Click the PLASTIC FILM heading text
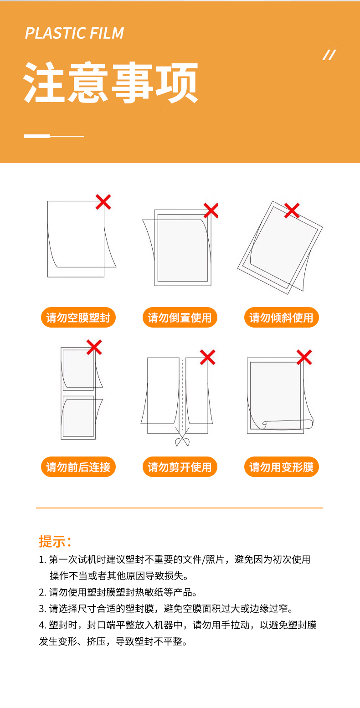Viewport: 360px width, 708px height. pyautogui.click(x=74, y=33)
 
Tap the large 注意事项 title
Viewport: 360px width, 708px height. pyautogui.click(x=111, y=83)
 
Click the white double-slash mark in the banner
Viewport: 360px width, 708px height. pyautogui.click(x=329, y=55)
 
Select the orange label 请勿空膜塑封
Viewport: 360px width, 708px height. pyautogui.click(x=78, y=318)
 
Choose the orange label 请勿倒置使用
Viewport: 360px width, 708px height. pyautogui.click(x=180, y=318)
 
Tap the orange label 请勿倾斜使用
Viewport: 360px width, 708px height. pyautogui.click(x=281, y=318)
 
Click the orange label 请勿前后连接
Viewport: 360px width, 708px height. pyautogui.click(x=78, y=467)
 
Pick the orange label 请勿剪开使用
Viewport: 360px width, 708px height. pyautogui.click(x=180, y=467)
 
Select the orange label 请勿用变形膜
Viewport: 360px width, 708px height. pyautogui.click(x=281, y=467)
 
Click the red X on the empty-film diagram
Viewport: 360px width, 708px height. pyautogui.click(x=103, y=202)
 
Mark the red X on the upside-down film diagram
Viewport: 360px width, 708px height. pyautogui.click(x=211, y=210)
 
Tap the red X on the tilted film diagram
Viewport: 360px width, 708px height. pyautogui.click(x=292, y=210)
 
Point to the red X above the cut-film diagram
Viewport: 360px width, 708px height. pyautogui.click(x=208, y=357)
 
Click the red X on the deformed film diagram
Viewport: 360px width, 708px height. pyautogui.click(x=304, y=357)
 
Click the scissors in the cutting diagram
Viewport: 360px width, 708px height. pyautogui.click(x=182, y=437)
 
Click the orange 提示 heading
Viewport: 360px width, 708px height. pyautogui.click(x=55, y=541)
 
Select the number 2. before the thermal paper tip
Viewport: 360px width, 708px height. pyautogui.click(x=43, y=592)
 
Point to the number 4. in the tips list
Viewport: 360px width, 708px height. pyautogui.click(x=43, y=625)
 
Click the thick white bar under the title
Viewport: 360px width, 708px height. pyautogui.click(x=36, y=136)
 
